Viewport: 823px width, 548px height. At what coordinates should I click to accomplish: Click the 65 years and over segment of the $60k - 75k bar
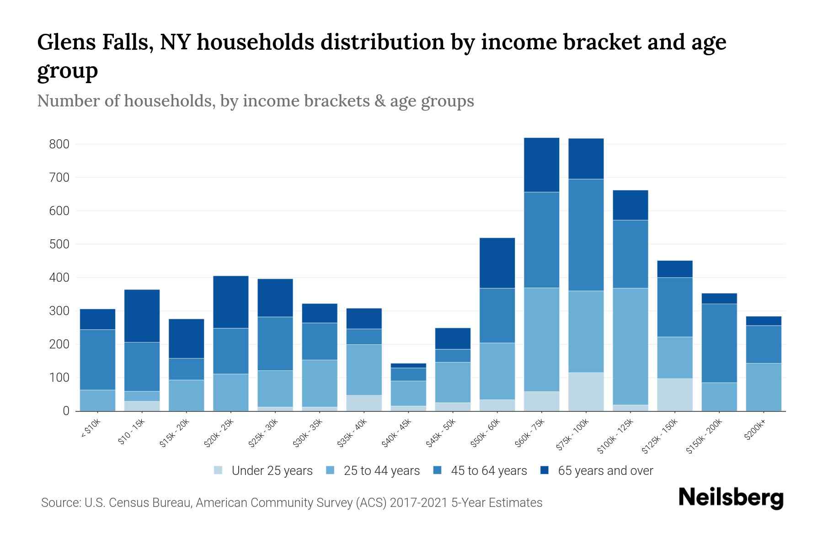pos(541,165)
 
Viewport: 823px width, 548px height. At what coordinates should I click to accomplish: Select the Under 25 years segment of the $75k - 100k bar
pos(586,392)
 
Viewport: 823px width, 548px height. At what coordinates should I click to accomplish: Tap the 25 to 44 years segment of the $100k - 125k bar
pos(630,346)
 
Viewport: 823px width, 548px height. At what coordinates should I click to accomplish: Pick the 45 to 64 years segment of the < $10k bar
pos(97,359)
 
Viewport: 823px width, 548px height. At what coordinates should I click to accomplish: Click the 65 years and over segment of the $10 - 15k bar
pos(142,316)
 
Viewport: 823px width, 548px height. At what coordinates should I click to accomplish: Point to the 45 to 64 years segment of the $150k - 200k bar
pos(719,343)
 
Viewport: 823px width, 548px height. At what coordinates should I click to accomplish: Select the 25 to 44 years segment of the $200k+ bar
pos(764,387)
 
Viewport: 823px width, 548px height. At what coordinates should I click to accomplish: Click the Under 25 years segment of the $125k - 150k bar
pos(675,395)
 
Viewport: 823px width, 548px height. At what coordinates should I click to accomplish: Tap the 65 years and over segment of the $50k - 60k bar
pos(497,263)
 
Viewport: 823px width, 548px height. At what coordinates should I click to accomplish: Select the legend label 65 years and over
pos(605,471)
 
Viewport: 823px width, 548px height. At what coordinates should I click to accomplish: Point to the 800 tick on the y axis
pos(59,144)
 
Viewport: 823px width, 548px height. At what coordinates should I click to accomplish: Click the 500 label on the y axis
pos(59,244)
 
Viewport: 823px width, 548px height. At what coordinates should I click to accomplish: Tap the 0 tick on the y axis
pos(66,411)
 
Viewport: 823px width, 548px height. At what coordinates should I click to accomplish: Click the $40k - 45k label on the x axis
pos(397,434)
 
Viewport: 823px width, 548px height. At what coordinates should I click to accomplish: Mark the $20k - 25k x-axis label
pos(219,434)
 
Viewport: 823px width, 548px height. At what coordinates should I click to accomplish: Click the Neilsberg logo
pos(731,498)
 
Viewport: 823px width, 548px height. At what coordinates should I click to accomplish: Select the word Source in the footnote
pos(60,503)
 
